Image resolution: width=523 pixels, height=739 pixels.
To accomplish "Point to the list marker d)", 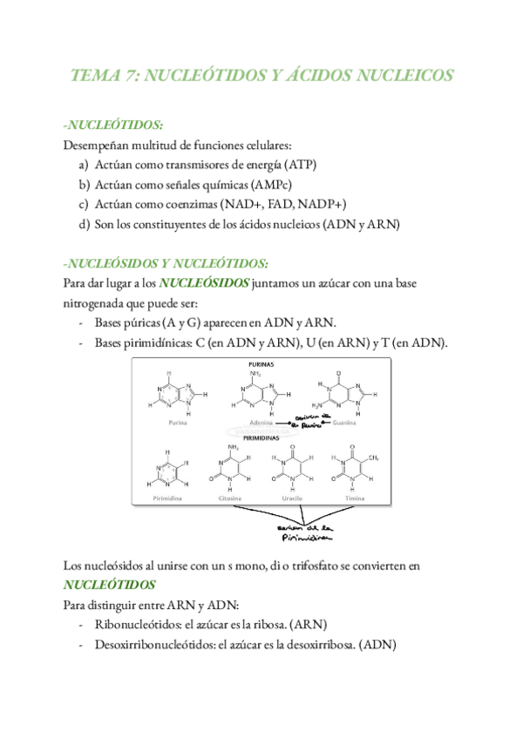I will (84, 225).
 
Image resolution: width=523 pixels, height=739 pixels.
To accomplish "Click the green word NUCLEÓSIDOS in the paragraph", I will (205, 283).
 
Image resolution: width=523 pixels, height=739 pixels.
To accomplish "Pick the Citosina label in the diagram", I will (234, 498).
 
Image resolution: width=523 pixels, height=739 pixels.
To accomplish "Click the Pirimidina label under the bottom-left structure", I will (167, 498).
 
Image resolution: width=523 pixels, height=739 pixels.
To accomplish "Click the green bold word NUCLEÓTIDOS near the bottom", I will (110, 585).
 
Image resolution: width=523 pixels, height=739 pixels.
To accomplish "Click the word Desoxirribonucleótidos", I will (157, 646).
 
